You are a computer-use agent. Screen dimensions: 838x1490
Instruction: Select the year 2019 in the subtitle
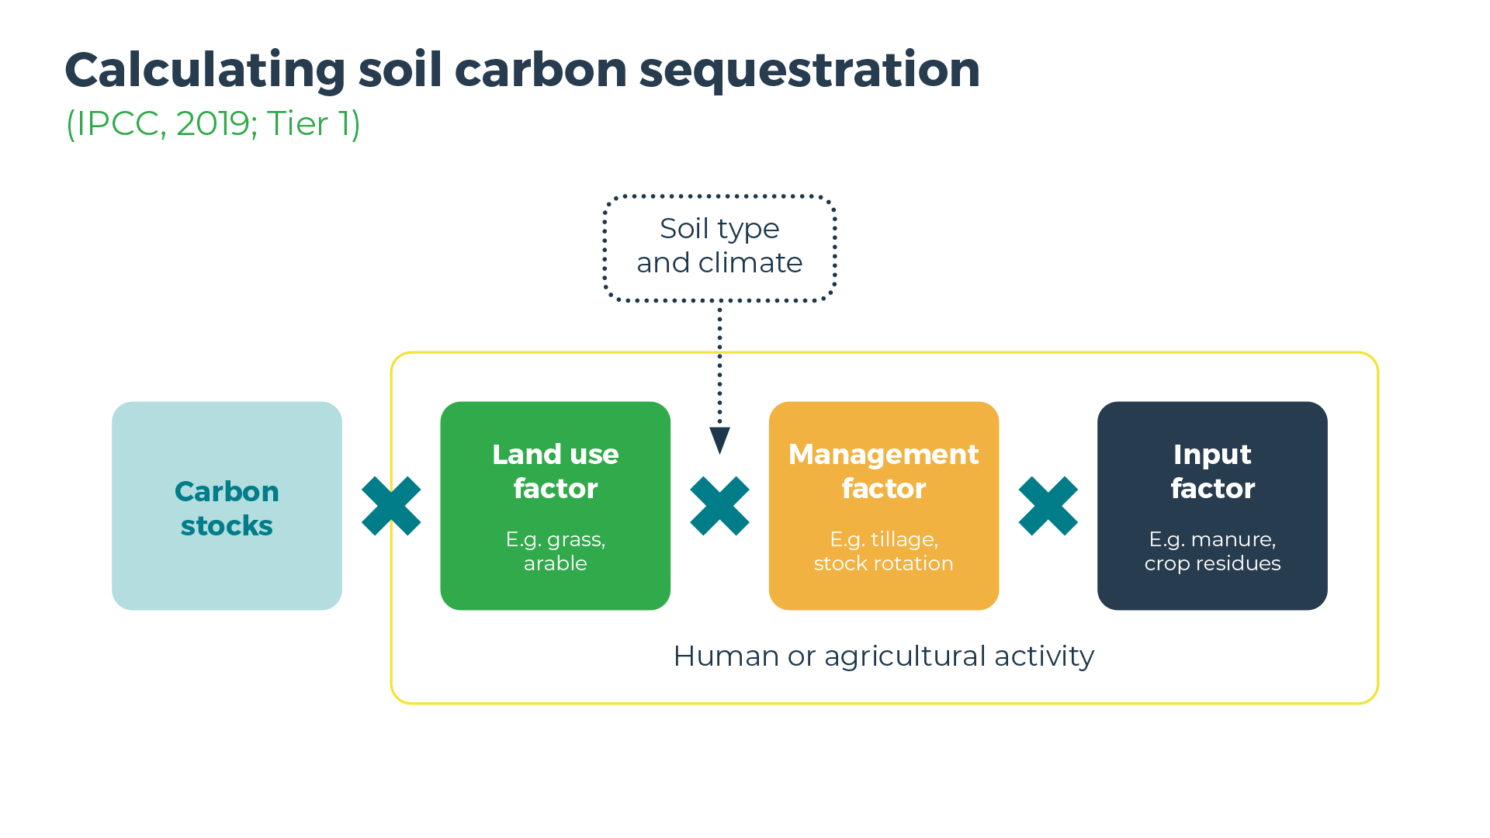point(212,124)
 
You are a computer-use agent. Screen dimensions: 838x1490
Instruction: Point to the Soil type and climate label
point(719,246)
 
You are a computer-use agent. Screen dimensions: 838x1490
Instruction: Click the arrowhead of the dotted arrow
point(719,439)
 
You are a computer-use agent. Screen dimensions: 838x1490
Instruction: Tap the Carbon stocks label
point(227,508)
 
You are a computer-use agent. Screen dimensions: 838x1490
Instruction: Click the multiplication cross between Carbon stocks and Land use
point(391,506)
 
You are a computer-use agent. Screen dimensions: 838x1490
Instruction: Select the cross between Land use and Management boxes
point(719,506)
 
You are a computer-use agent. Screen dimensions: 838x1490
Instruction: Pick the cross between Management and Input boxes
point(1048,506)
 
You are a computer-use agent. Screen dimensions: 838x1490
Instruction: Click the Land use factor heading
point(555,471)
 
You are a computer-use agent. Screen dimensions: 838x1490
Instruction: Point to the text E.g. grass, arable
point(555,551)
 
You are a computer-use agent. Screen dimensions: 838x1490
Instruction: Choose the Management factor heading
point(883,471)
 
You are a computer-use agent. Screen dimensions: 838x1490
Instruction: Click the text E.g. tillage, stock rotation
point(883,551)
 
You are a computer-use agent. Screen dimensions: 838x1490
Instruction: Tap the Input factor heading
point(1212,471)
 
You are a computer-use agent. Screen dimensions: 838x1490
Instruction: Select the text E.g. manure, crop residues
point(1212,551)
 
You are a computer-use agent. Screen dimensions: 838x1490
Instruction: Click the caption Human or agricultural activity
point(883,656)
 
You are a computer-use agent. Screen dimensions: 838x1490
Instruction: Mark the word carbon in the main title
point(540,71)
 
